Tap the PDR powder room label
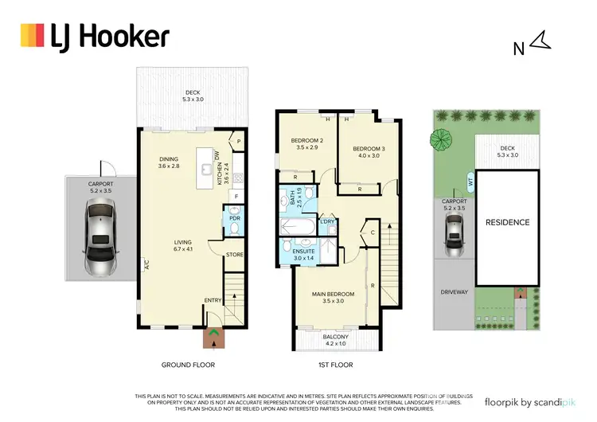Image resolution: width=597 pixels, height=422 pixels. click(235, 217)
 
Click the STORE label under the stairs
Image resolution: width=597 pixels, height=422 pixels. click(233, 256)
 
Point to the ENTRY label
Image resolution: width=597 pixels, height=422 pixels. click(213, 300)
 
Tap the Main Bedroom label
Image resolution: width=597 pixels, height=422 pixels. click(333, 298)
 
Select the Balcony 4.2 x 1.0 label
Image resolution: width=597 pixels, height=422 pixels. click(335, 340)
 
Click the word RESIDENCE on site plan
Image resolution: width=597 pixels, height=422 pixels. click(507, 222)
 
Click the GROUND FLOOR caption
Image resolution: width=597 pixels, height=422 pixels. click(189, 365)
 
